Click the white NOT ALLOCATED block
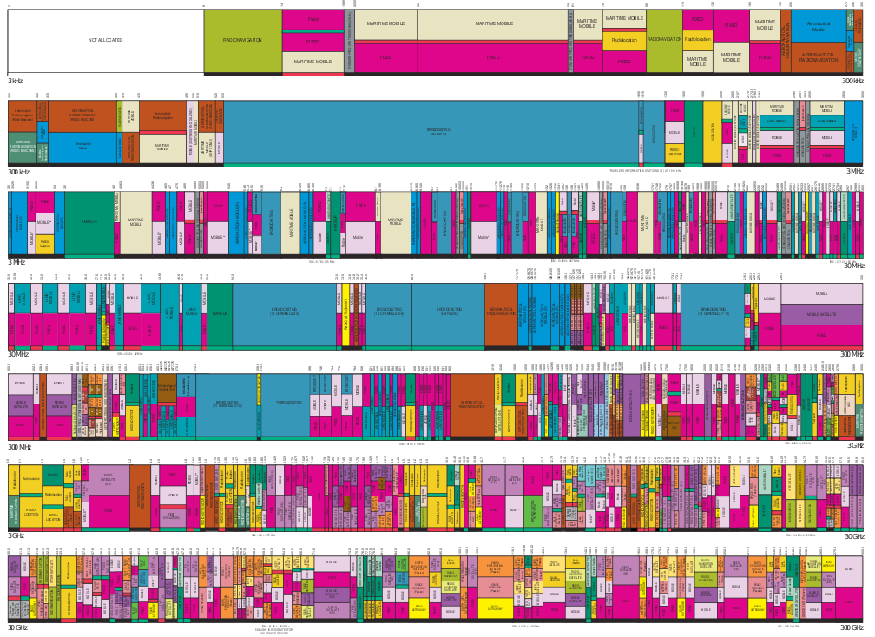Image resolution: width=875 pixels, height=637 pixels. click(x=105, y=41)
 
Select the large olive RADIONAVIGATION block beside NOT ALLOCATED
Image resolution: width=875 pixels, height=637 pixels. click(x=242, y=41)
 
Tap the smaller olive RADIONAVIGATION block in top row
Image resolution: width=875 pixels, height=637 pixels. click(x=664, y=39)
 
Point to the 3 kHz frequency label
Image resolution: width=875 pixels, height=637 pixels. click(x=16, y=81)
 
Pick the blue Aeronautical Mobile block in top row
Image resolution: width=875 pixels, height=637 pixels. click(x=818, y=26)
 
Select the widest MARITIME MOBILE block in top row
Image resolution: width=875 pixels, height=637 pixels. click(x=493, y=24)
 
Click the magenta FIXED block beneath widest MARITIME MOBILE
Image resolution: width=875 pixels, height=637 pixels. click(x=493, y=57)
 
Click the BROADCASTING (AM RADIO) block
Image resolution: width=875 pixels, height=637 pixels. click(x=438, y=132)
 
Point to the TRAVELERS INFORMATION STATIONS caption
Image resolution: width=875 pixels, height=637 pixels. click(x=644, y=170)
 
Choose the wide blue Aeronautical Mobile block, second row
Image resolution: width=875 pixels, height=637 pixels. click(x=82, y=146)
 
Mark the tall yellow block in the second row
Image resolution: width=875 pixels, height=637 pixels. click(x=712, y=131)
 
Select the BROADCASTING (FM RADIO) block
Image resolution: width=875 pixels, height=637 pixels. click(x=448, y=312)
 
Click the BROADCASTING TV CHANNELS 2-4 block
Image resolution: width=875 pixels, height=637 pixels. click(x=284, y=312)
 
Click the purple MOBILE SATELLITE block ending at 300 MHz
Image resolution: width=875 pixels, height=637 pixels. click(x=821, y=314)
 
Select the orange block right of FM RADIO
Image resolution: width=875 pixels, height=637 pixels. click(x=501, y=312)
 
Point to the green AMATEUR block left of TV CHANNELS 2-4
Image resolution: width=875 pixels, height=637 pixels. click(x=220, y=312)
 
